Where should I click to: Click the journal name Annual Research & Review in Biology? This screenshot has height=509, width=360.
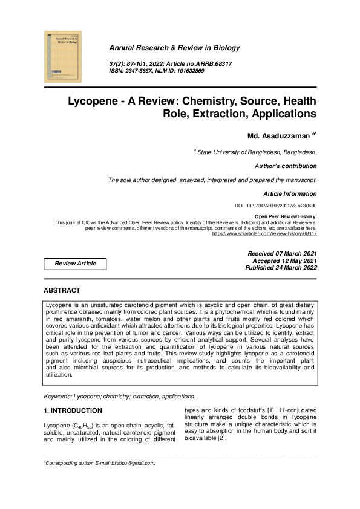[174, 48]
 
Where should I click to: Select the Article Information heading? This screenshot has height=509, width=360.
[290, 194]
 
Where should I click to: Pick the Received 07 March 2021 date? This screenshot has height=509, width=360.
[282, 253]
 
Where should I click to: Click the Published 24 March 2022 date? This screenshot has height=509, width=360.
[281, 267]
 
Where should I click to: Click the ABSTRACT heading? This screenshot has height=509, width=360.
[62, 290]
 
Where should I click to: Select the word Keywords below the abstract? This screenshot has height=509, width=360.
[57, 397]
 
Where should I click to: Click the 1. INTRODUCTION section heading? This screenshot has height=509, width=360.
[73, 411]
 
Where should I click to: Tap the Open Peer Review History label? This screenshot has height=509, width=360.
[286, 216]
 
